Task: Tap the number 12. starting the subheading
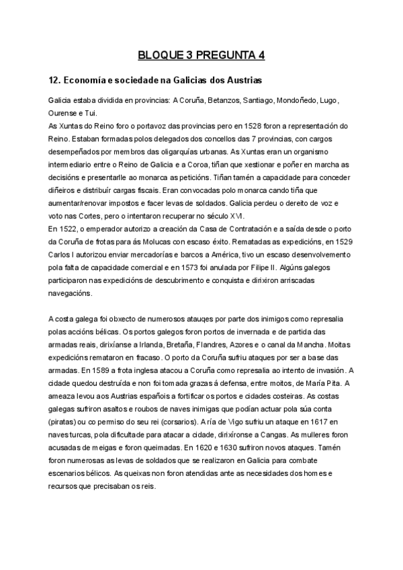tap(56, 80)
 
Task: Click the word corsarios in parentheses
tap(176, 421)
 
